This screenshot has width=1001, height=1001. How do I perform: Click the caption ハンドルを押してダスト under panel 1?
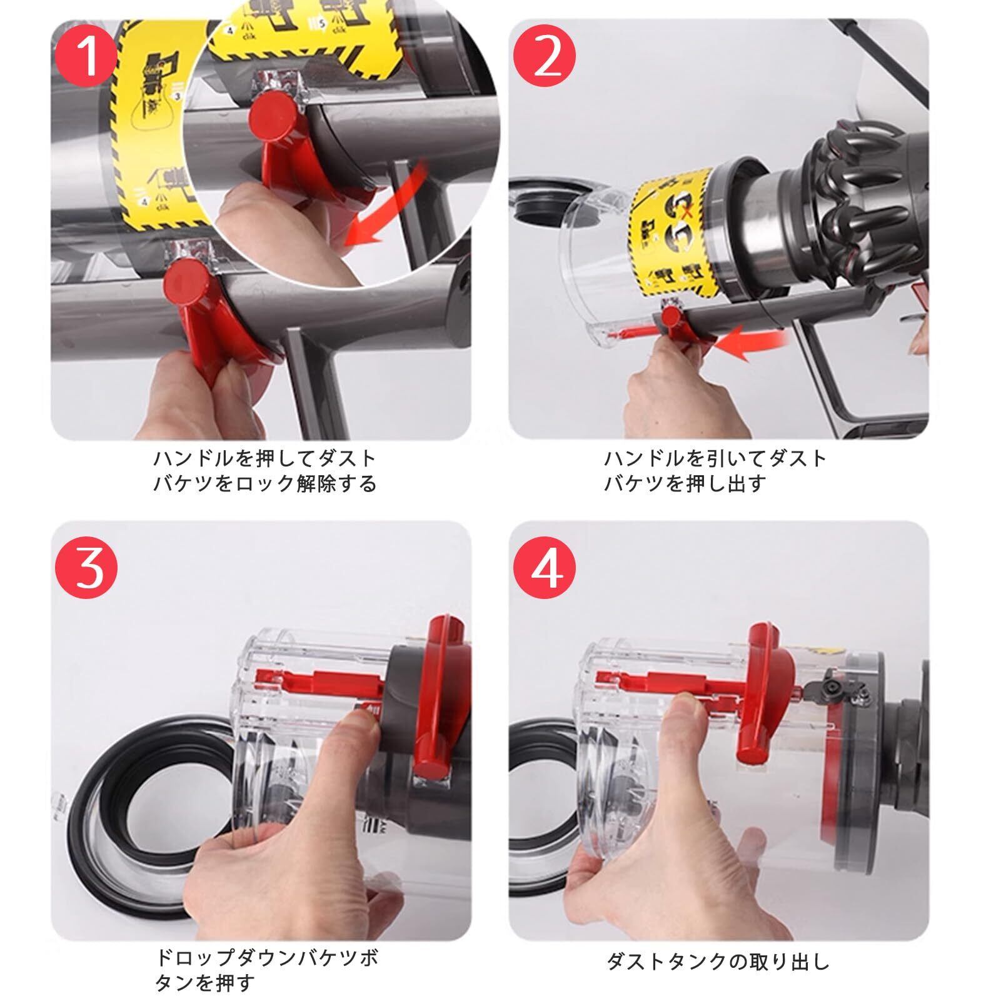pyautogui.click(x=265, y=458)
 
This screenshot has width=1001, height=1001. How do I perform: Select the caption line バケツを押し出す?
pyautogui.click(x=685, y=483)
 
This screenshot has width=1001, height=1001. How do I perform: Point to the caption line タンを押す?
pyautogui.click(x=205, y=982)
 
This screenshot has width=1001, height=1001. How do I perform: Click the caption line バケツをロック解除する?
pyautogui.click(x=265, y=483)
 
